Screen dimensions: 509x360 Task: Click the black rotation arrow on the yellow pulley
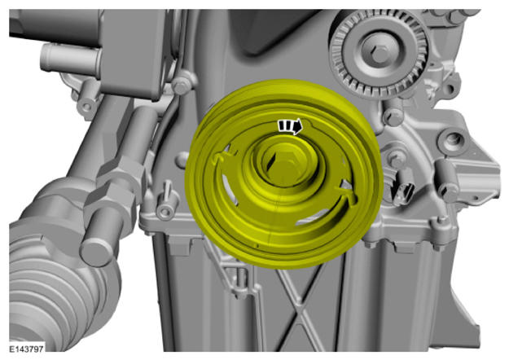(x=291, y=126)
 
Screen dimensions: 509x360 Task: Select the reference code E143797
(x=26, y=349)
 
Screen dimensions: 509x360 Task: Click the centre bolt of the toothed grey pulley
(x=380, y=52)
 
